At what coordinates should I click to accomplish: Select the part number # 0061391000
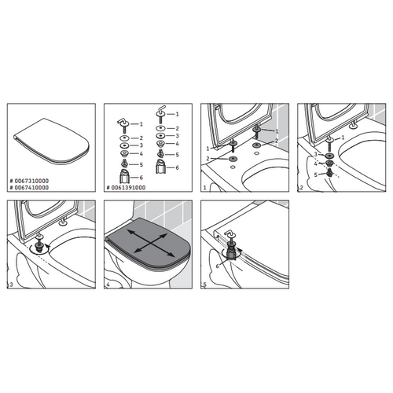[x=131, y=189]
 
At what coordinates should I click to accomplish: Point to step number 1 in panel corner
[x=204, y=189]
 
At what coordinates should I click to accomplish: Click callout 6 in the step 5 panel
[x=218, y=267]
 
